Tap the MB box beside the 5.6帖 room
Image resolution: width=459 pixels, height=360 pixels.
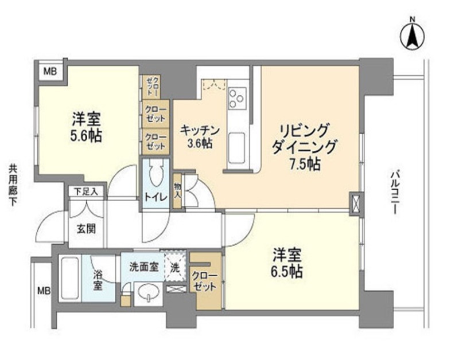(x=50, y=71)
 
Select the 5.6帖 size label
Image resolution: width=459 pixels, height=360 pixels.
(x=86, y=135)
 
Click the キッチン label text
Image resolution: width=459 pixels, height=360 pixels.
(x=200, y=130)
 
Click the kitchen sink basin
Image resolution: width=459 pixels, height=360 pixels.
(x=237, y=148)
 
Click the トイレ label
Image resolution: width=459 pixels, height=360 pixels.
(x=155, y=197)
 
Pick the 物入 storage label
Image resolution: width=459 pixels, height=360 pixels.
(x=177, y=191)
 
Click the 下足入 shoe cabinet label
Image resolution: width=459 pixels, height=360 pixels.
(x=86, y=192)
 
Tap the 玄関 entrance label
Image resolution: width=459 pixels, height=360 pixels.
(x=86, y=229)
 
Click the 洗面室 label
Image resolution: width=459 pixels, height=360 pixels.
(x=144, y=267)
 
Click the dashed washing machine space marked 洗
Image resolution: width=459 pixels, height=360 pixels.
(x=175, y=266)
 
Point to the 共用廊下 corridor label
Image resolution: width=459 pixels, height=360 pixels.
(x=12, y=185)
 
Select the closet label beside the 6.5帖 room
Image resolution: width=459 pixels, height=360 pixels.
(x=205, y=281)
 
